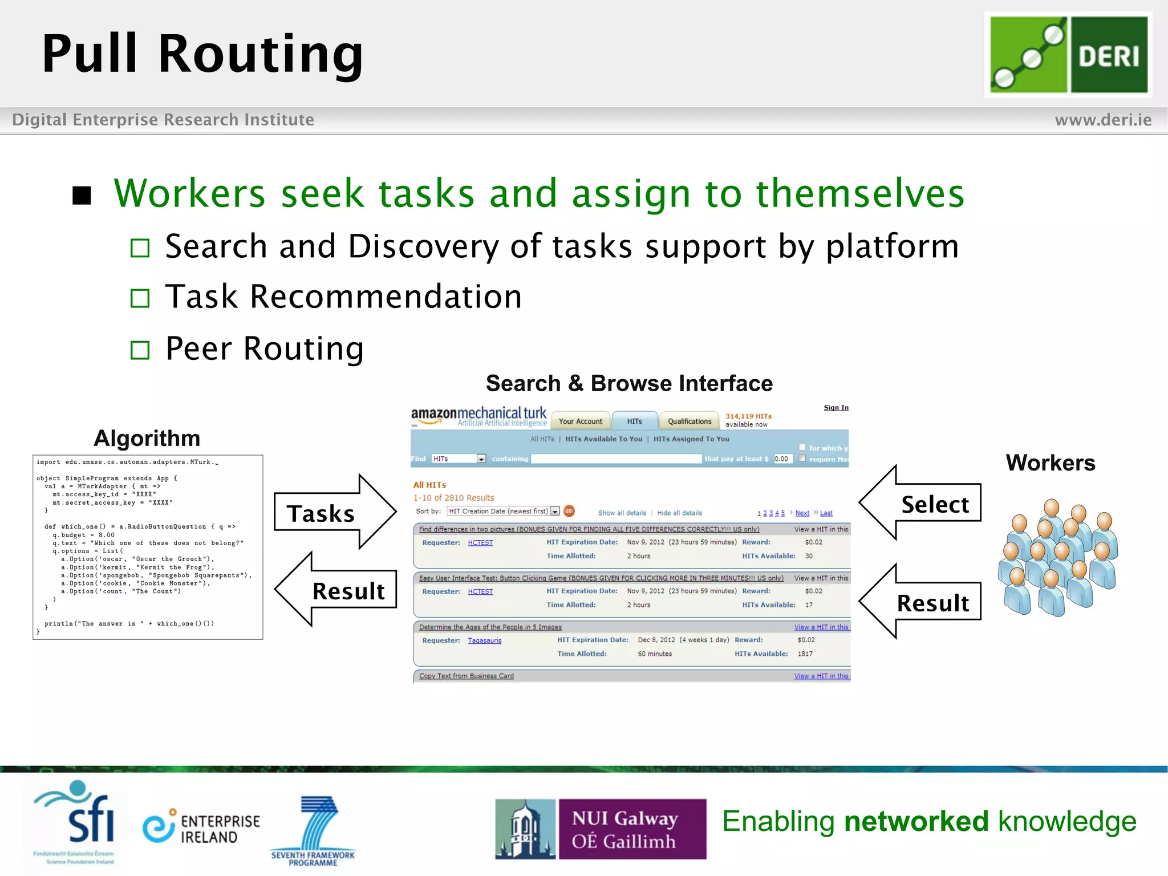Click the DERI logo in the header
click(1068, 55)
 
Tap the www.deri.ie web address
click(1102, 120)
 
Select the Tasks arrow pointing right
click(334, 512)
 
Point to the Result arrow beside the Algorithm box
click(336, 590)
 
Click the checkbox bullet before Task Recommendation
click(140, 298)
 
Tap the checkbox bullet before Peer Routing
click(140, 350)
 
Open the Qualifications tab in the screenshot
click(689, 421)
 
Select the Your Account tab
click(580, 421)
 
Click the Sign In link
click(836, 408)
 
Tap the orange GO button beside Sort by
click(569, 511)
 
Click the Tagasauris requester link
click(484, 640)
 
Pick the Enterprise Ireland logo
click(201, 828)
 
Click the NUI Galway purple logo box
click(632, 829)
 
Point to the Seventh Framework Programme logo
click(313, 832)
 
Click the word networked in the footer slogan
click(916, 822)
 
